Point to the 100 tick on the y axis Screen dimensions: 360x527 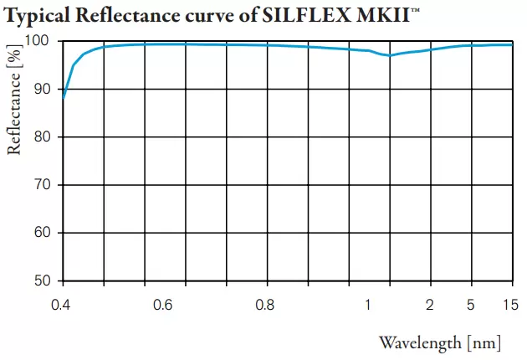[x=42, y=41]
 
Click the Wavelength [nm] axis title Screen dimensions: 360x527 [x=440, y=342]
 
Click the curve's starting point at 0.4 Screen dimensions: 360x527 [x=64, y=98]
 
